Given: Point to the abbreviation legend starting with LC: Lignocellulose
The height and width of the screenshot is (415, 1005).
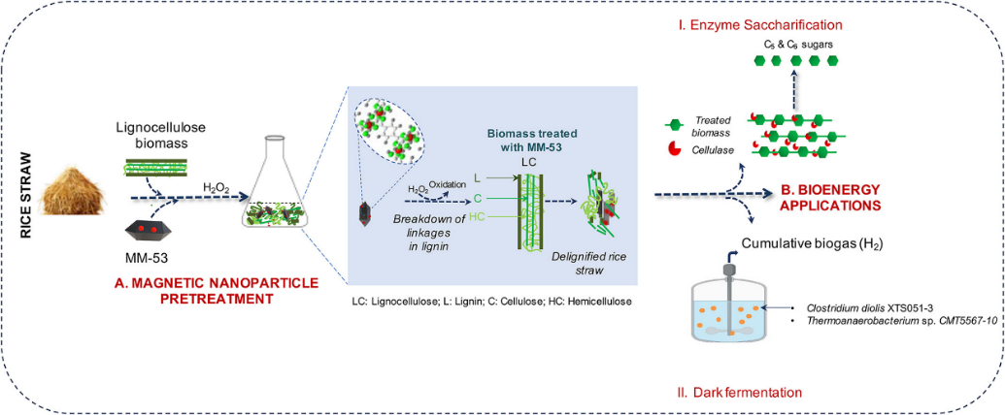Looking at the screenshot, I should (x=492, y=302).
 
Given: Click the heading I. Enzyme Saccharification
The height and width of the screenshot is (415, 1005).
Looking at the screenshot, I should (x=759, y=23).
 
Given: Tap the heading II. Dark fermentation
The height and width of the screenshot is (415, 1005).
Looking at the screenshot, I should (x=741, y=392).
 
